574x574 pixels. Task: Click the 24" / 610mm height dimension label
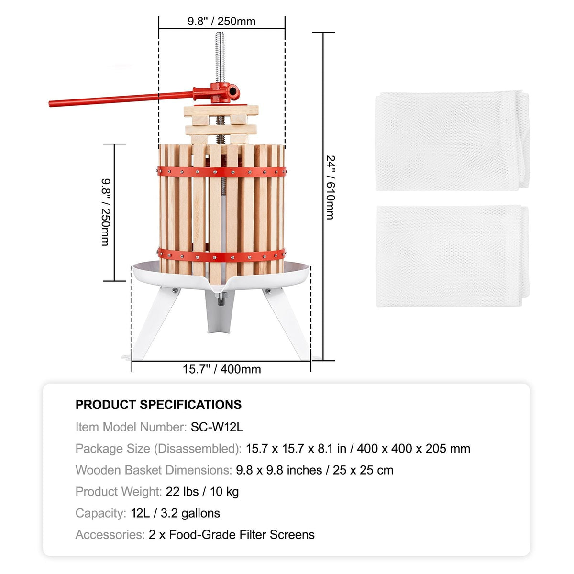point(331,188)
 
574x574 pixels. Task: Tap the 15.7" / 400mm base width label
point(221,369)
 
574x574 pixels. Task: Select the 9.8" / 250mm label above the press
point(221,22)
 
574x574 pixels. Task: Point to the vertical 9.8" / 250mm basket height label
point(106,212)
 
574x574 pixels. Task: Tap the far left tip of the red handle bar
point(50,104)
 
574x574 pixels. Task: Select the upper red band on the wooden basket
point(221,172)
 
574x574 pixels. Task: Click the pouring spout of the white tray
point(219,288)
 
